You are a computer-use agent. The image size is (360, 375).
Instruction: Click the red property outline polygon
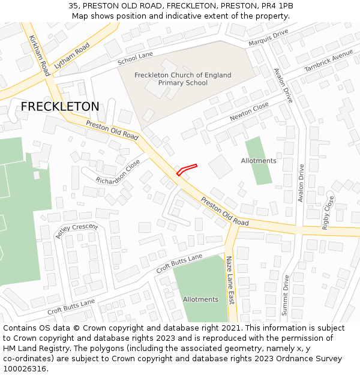coord(187,169)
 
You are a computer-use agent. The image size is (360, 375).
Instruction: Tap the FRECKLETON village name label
coord(60,107)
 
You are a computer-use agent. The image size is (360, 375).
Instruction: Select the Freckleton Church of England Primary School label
coord(183,79)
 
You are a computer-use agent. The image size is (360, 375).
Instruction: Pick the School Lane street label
coord(136,58)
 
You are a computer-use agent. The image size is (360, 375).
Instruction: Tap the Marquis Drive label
coord(268,40)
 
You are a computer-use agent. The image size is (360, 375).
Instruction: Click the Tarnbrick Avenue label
coord(329,61)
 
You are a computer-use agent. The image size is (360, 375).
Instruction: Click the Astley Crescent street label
coord(76,230)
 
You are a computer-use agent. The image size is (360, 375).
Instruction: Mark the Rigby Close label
coord(328,212)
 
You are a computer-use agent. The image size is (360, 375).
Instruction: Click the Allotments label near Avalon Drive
coord(259,161)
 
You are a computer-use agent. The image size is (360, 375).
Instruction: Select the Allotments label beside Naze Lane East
coord(200,299)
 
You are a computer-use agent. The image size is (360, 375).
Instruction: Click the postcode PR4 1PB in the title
coord(277,5)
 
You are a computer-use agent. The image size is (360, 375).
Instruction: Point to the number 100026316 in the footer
coord(25,369)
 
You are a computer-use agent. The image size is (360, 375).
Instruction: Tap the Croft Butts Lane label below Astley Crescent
coord(71,307)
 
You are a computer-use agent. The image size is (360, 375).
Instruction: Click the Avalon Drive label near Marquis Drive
coord(283,85)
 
